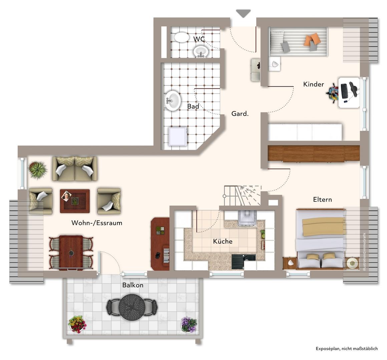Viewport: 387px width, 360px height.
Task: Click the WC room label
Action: pos(199,39)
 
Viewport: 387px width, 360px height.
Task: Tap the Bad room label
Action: pos(193,106)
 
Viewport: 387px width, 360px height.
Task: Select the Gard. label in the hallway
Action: pos(240,114)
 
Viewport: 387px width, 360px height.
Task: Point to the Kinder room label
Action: pos(314,84)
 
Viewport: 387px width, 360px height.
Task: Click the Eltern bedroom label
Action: pos(322,199)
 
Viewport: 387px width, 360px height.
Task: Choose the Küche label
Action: pos(223,241)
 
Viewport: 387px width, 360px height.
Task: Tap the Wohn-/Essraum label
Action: pos(97,223)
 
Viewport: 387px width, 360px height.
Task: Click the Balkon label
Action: pos(133,285)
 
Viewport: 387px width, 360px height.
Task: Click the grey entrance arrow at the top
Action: pos(243,13)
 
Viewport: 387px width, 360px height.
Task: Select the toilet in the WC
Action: pos(182,37)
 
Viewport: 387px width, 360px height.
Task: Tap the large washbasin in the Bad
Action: pos(172,101)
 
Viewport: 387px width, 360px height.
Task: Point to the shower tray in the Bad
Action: pos(178,136)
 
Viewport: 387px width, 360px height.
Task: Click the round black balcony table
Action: pos(131,307)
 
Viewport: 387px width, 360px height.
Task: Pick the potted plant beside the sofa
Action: pos(38,170)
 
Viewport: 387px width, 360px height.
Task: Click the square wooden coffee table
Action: pos(75,201)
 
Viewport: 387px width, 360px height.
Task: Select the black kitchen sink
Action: pos(243,262)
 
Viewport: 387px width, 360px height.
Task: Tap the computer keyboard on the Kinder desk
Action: pos(344,91)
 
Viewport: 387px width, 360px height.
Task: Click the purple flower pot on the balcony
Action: pos(189,324)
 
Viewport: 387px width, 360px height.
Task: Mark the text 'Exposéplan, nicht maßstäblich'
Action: pos(347,349)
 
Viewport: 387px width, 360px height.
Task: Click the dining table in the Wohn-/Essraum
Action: pos(71,252)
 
